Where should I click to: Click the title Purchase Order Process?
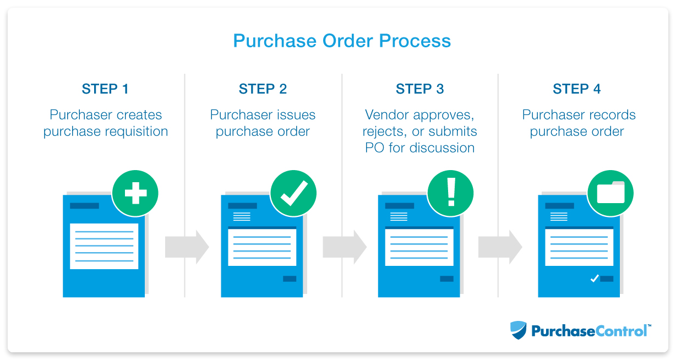pos(342,41)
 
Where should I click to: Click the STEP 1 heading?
pos(106,89)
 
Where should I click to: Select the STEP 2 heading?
pos(263,89)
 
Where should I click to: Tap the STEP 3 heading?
pos(420,89)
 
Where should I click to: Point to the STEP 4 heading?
pos(577,89)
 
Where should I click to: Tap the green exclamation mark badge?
pos(451,193)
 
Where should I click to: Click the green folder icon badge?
pos(610,193)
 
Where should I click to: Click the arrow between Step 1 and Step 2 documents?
pos(187,247)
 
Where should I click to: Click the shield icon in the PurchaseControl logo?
pos(518,330)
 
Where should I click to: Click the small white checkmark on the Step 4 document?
pos(594,279)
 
